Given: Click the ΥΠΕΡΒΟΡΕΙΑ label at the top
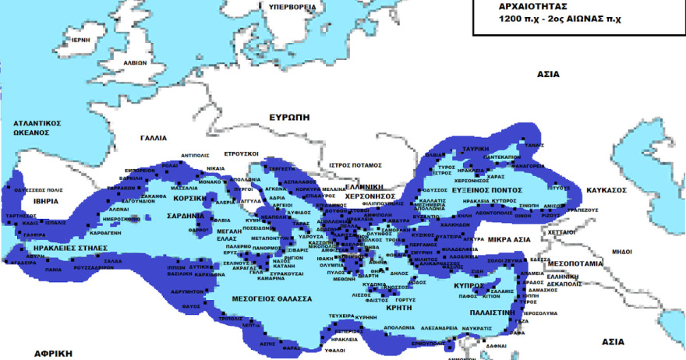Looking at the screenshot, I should [x=292, y=6].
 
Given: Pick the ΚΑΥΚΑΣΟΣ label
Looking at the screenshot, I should [x=605, y=189].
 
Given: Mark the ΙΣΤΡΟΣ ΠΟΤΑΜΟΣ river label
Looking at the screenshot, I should [x=355, y=165].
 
